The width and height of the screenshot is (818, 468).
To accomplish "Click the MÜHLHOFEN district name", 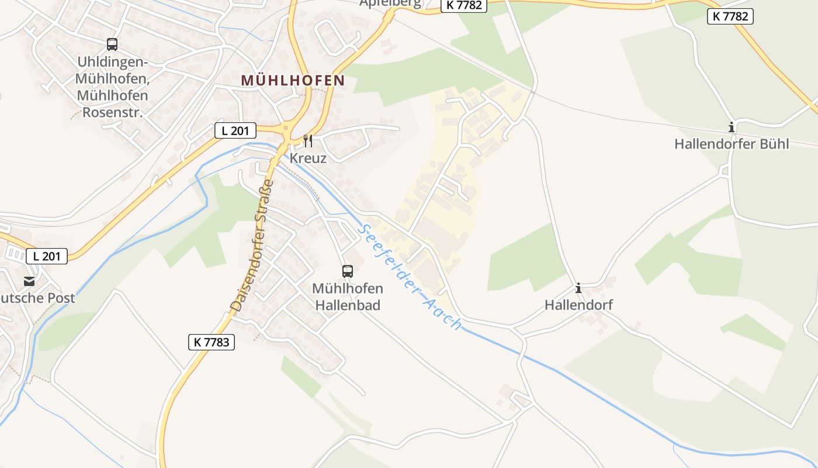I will point(293,80).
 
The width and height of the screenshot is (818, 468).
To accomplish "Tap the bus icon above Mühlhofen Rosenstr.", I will point(112,44).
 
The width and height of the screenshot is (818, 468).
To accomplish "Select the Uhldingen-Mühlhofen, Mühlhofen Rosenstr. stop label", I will point(112,87).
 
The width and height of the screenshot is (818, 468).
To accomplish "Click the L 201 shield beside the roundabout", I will point(235,130).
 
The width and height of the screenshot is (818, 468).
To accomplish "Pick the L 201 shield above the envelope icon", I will point(47,256).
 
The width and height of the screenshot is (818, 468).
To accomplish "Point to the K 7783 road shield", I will point(212,342).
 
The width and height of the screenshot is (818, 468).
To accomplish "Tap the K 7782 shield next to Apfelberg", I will point(463,5).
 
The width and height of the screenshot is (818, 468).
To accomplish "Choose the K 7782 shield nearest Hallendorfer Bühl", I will point(730,16).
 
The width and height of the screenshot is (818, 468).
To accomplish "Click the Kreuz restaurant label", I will point(308,158).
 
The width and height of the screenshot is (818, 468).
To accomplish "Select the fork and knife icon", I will point(308,141).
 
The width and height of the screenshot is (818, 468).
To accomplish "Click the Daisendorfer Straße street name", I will point(252,246).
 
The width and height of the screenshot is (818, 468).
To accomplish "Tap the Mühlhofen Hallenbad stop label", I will point(348,297).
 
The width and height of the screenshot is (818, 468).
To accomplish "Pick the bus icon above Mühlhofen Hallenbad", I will point(348,271).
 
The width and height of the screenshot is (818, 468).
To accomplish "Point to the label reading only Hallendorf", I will point(578,305).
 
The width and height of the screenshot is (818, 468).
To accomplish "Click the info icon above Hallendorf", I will point(578,288).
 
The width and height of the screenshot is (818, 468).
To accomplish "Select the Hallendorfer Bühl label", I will point(732,144).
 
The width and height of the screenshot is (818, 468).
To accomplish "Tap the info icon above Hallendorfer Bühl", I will point(732,127).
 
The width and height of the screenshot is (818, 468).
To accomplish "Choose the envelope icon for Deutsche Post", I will point(29,282).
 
